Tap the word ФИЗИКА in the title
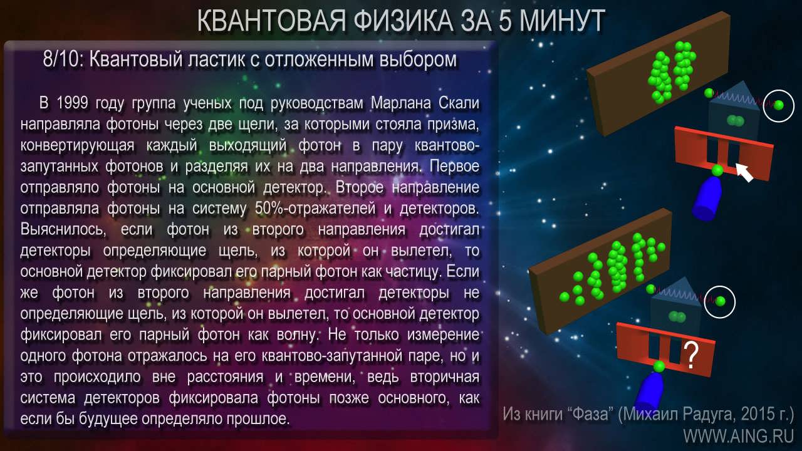(404, 21)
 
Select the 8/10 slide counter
(60, 59)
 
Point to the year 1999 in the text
(72, 103)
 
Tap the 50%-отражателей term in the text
(315, 209)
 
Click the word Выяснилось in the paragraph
(63, 229)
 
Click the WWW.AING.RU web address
(739, 436)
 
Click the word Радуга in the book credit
(709, 415)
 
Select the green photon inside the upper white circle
(778, 105)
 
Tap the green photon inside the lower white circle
(720, 301)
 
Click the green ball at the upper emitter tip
(717, 170)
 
